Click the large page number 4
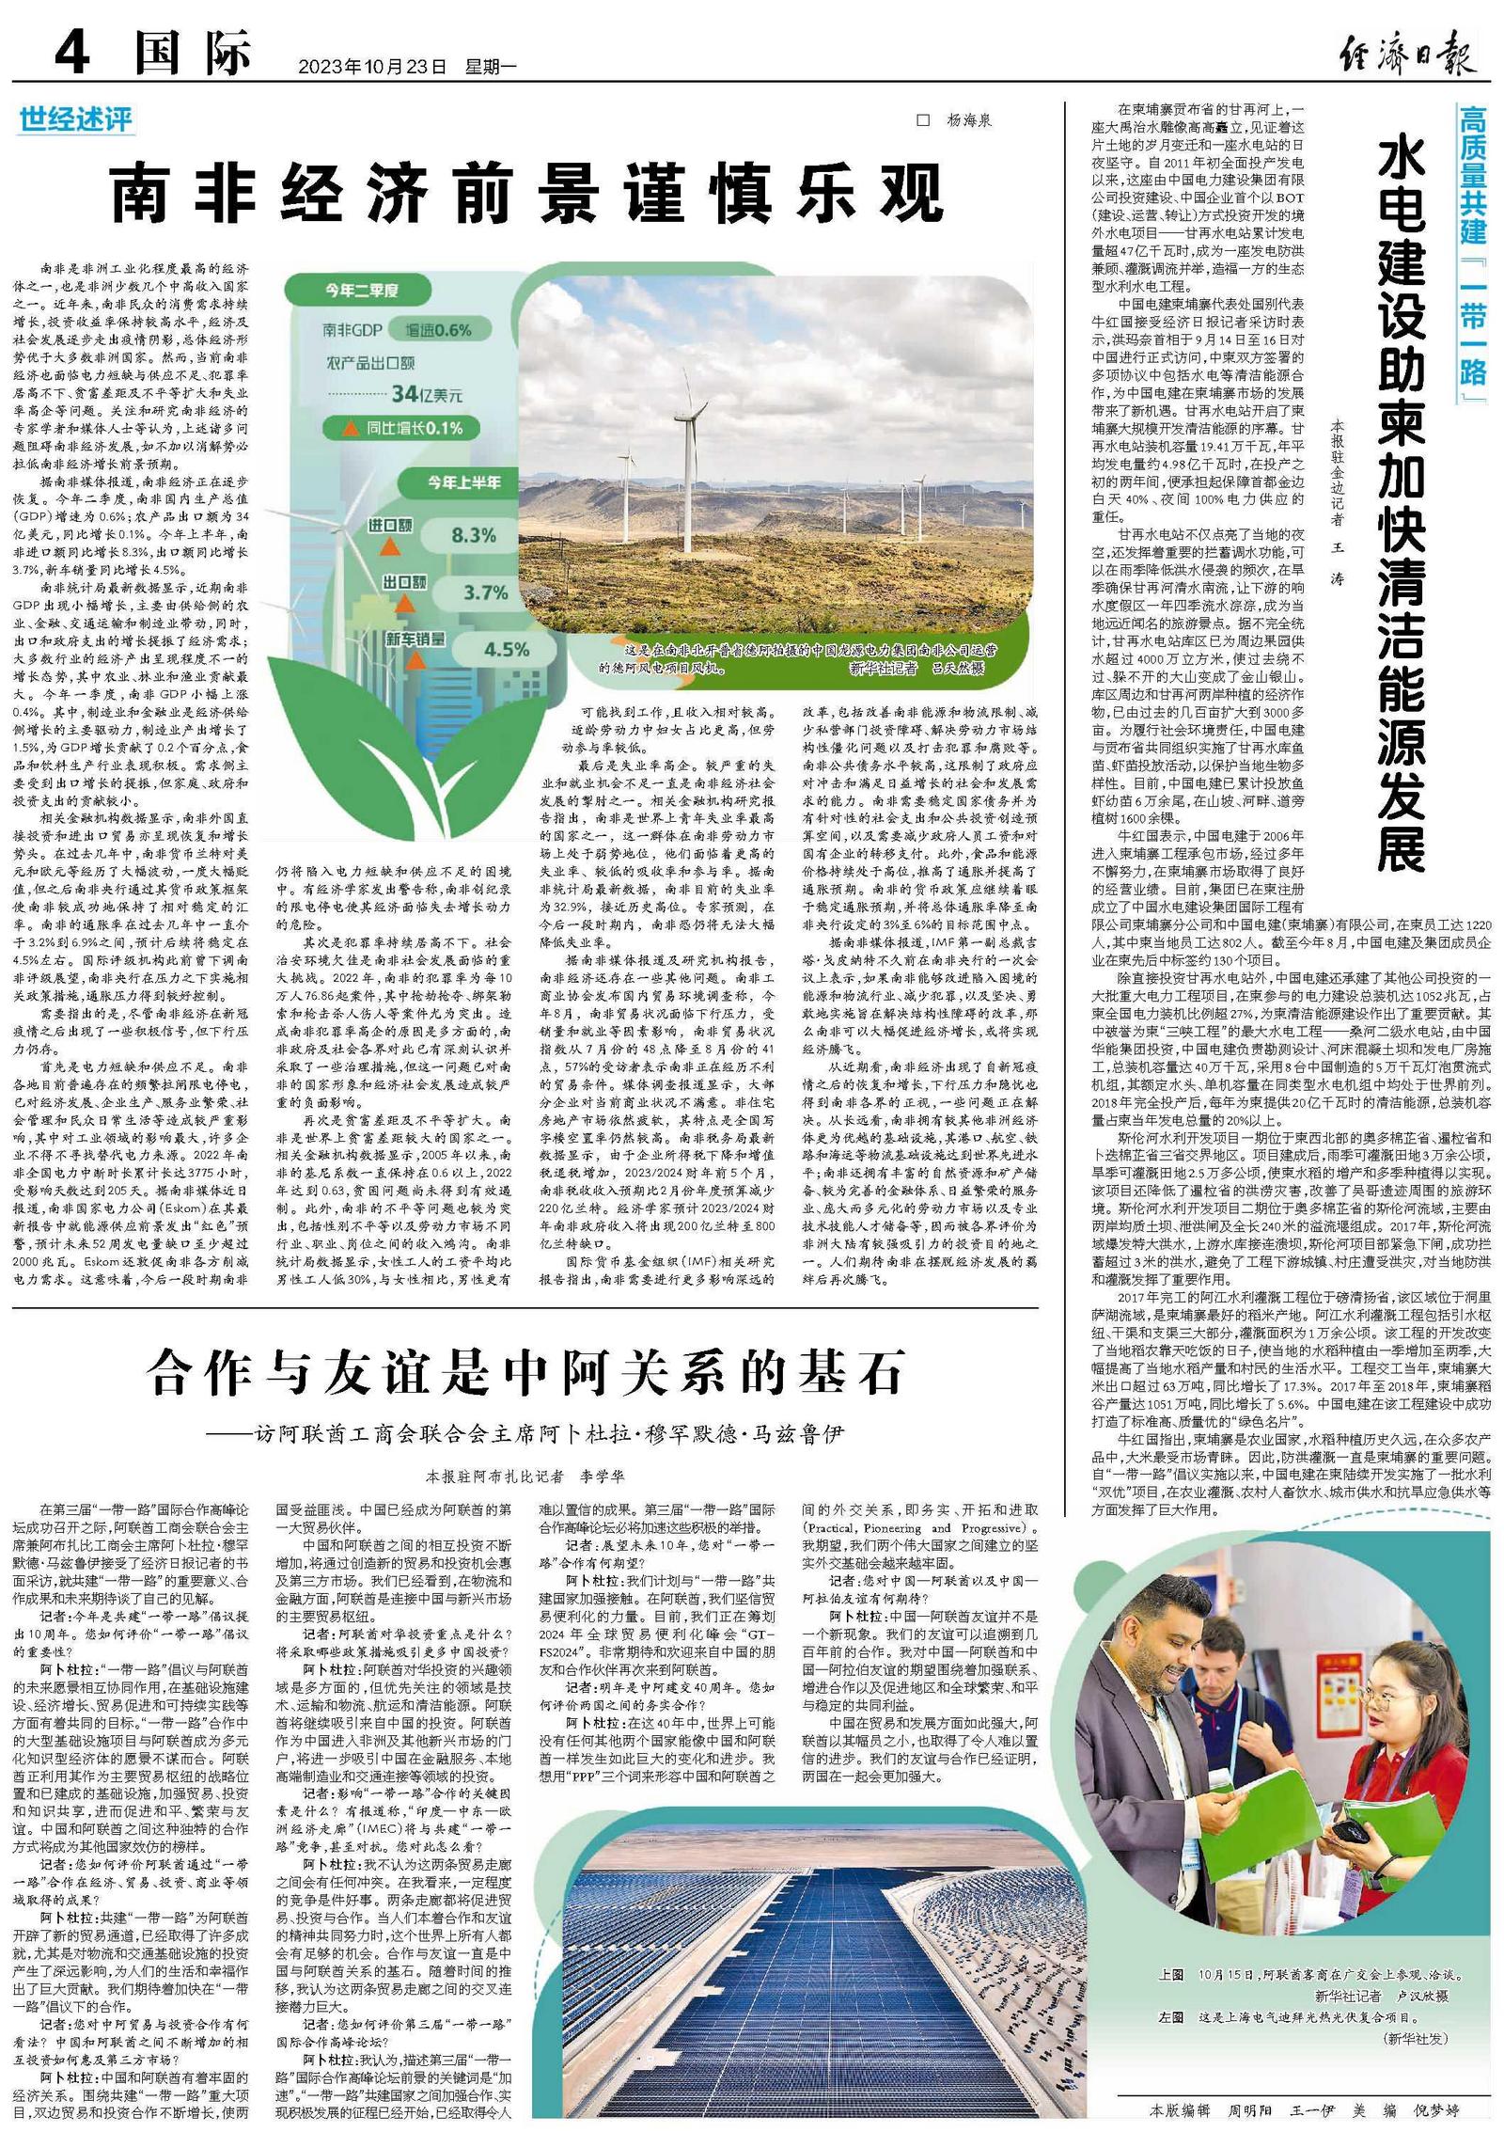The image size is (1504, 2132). pyautogui.click(x=71, y=52)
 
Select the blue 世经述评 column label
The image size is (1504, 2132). pyautogui.click(x=76, y=120)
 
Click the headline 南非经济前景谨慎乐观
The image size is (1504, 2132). pyautogui.click(x=527, y=193)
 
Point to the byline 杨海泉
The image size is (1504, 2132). pyautogui.click(x=968, y=120)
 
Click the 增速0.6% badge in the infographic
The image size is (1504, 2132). pyautogui.click(x=438, y=330)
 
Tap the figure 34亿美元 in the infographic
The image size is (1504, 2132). pyautogui.click(x=428, y=393)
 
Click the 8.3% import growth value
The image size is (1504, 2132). pyautogui.click(x=474, y=535)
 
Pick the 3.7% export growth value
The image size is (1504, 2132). pyautogui.click(x=485, y=592)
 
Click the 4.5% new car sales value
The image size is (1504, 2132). pyautogui.click(x=507, y=649)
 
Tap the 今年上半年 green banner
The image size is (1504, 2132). pyautogui.click(x=464, y=482)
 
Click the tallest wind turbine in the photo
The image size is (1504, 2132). pyautogui.click(x=690, y=470)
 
